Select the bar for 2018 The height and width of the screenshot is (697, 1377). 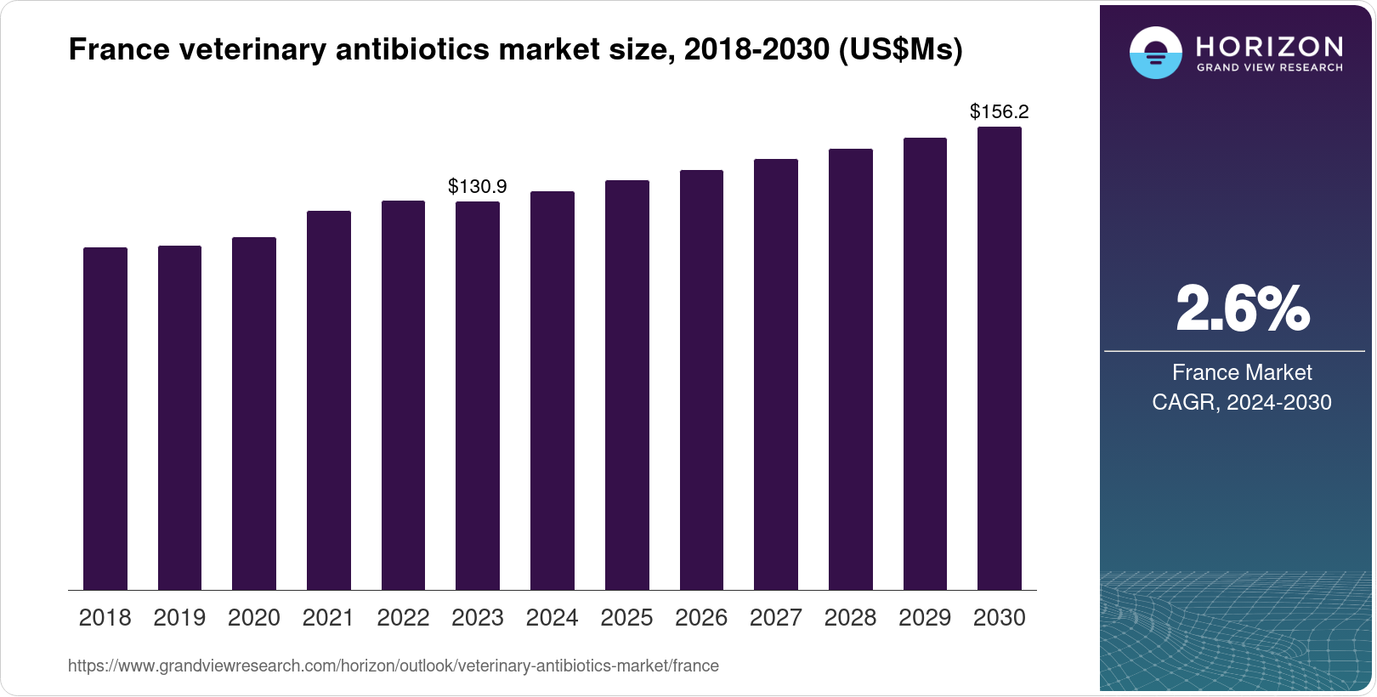tap(105, 418)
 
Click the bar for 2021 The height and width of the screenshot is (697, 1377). tap(329, 400)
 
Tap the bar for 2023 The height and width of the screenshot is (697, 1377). tap(478, 395)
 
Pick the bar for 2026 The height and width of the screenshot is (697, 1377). tap(701, 380)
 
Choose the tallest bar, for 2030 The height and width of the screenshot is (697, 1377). tap(1000, 359)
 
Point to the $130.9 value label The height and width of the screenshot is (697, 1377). tap(478, 186)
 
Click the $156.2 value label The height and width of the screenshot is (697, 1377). tap(1000, 111)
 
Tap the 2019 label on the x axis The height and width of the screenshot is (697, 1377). tap(179, 618)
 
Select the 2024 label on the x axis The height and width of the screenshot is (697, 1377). tap(552, 618)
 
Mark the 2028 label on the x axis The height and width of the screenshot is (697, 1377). tap(850, 618)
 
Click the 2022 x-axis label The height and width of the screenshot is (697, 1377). tap(403, 618)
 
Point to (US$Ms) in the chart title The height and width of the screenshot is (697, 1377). tap(900, 50)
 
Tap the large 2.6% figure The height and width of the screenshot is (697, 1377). tap(1242, 309)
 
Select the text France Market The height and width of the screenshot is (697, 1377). tap(1242, 372)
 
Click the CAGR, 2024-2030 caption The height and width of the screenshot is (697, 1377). tap(1242, 402)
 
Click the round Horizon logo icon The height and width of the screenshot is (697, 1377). tap(1155, 53)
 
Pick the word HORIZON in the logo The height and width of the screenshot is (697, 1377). tap(1269, 46)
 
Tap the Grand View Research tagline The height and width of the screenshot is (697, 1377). tap(1269, 68)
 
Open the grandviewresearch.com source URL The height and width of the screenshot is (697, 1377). tap(394, 666)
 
